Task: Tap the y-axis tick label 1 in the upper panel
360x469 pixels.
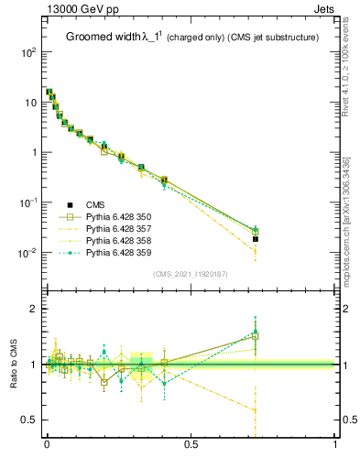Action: (34, 152)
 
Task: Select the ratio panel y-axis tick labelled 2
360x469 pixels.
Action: (34, 310)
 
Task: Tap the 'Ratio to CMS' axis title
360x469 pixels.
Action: (13, 365)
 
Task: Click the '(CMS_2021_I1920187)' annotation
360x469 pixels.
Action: (191, 274)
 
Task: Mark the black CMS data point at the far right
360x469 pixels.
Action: (256, 239)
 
